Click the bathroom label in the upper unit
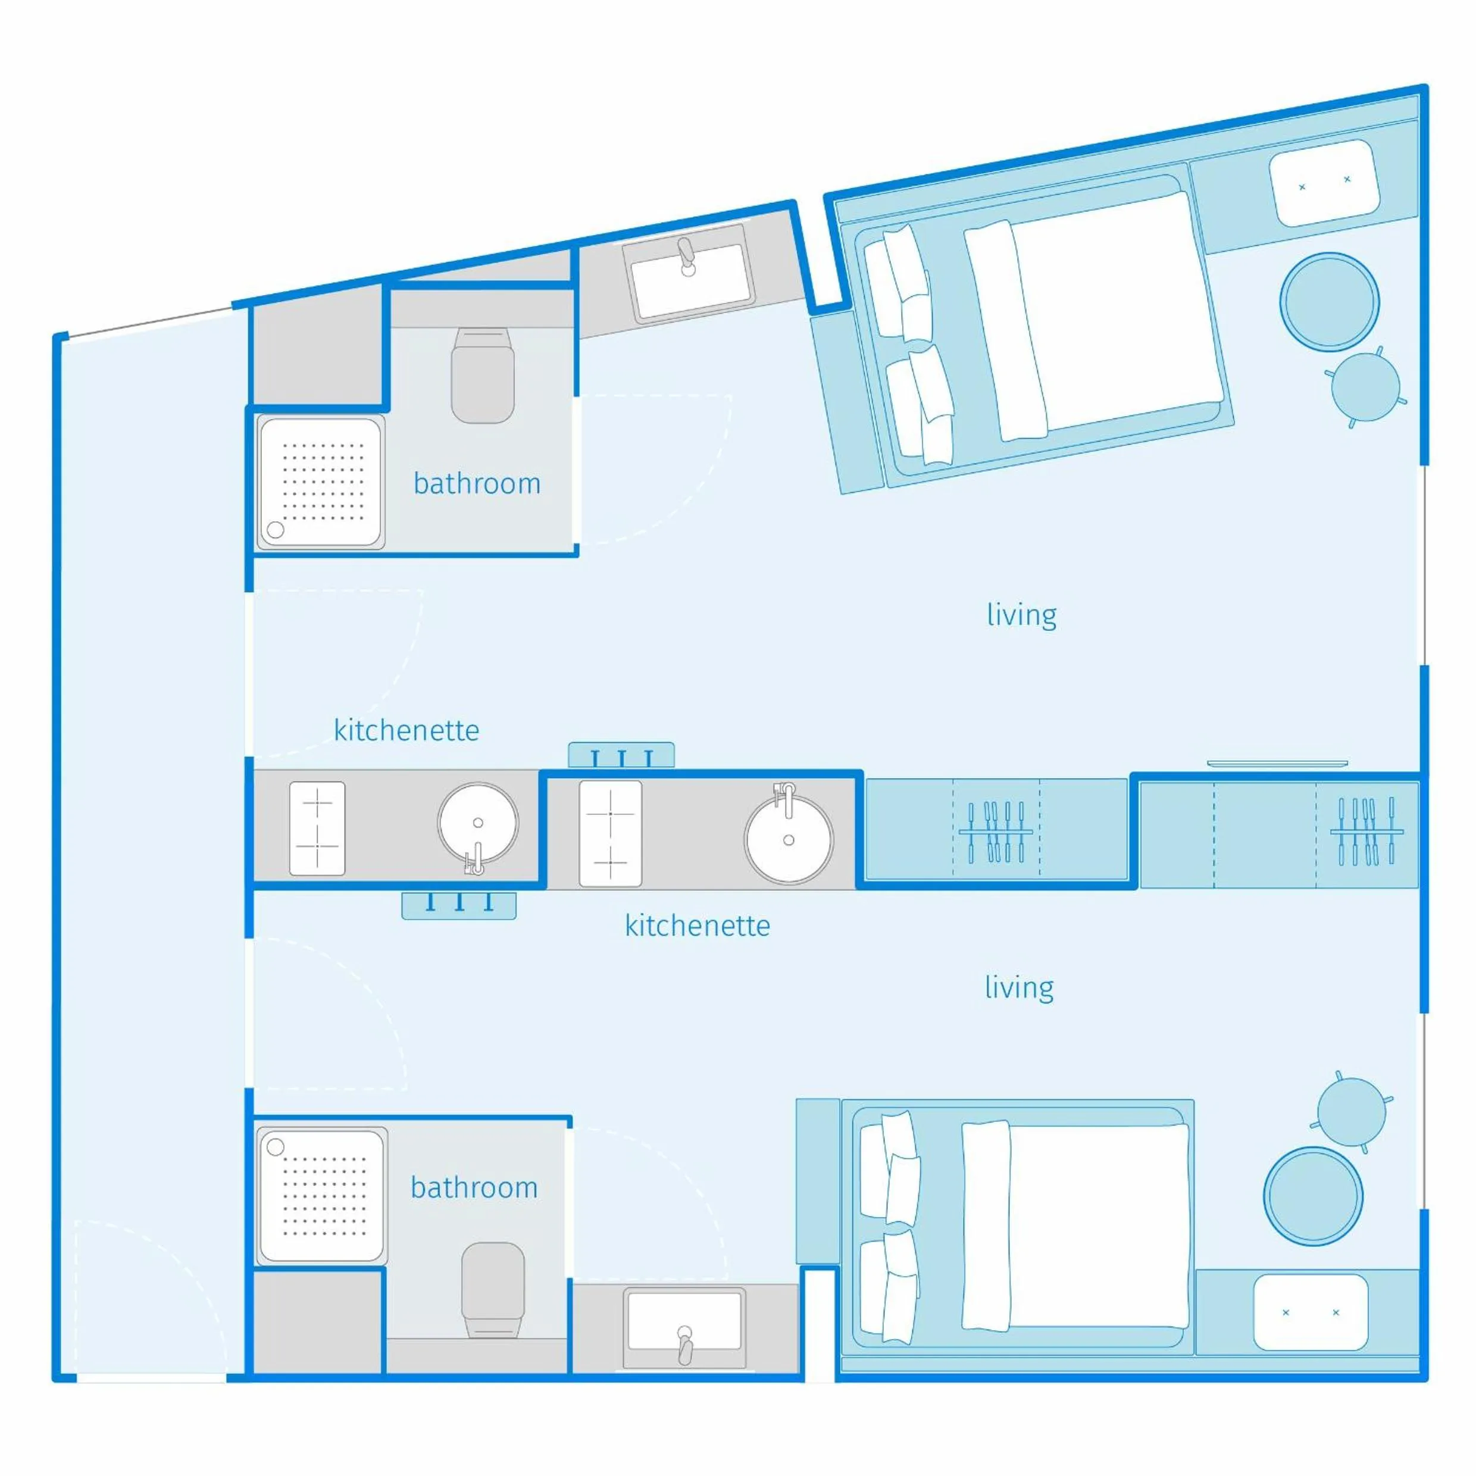(477, 484)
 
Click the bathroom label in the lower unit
(474, 1187)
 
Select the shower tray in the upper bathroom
(321, 482)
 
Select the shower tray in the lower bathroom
(323, 1196)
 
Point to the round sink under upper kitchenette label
(479, 824)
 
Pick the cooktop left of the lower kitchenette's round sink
(611, 833)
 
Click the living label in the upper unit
(1021, 615)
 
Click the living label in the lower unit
(1018, 988)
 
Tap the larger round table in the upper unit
(1330, 302)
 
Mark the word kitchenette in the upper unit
(406, 730)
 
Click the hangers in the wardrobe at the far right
(1366, 831)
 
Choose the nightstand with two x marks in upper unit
(1324, 183)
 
